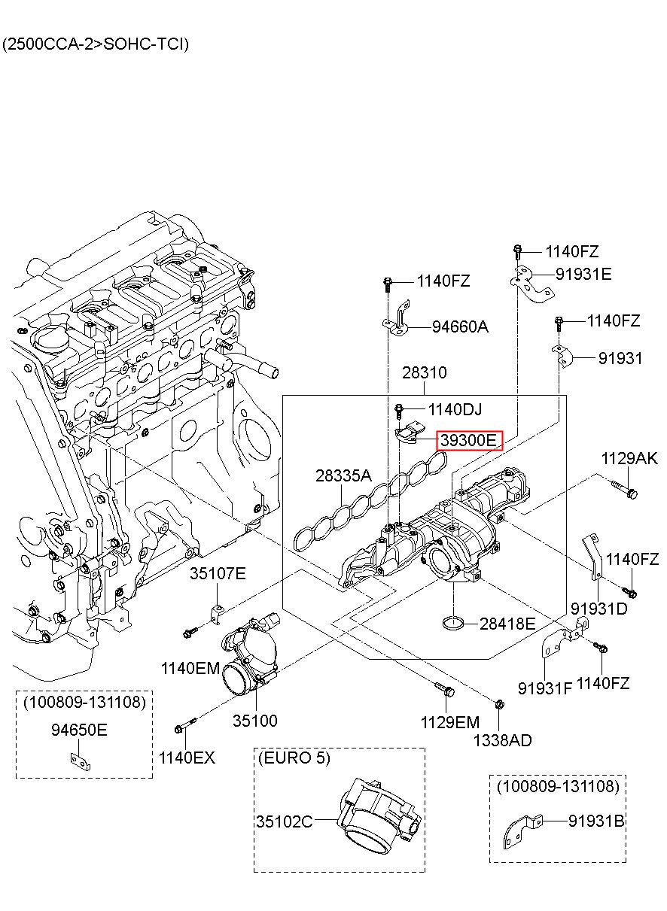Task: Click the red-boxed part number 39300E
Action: [x=469, y=440]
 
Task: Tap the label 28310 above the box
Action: [x=425, y=372]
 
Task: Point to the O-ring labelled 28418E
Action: [x=453, y=623]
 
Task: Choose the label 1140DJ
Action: [x=455, y=409]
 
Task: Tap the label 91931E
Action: [x=583, y=274]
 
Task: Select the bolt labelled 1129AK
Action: [x=625, y=490]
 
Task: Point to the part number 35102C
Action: [x=284, y=822]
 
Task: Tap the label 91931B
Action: [x=596, y=821]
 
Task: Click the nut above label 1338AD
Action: [x=499, y=704]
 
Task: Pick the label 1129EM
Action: [x=449, y=723]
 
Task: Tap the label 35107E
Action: [x=218, y=573]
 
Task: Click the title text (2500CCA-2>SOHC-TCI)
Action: [x=96, y=44]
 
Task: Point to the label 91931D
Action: [x=599, y=609]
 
